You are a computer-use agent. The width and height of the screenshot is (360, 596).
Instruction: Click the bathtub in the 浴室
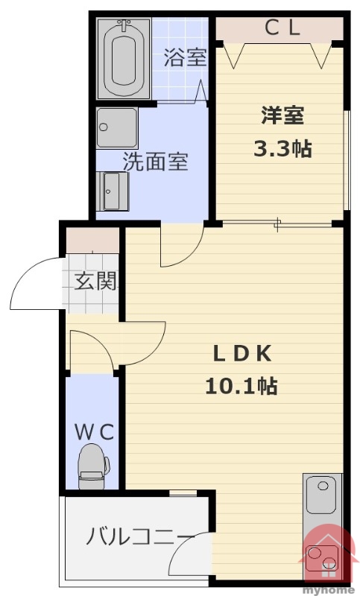[124, 58]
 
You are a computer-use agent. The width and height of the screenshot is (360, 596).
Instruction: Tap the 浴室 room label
[185, 57]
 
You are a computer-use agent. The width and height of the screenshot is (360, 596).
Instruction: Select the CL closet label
[282, 28]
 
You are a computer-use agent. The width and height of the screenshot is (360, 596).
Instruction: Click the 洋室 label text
[282, 115]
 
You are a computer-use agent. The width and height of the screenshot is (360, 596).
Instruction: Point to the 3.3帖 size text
[282, 148]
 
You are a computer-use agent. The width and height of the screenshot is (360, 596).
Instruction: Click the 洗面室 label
[155, 162]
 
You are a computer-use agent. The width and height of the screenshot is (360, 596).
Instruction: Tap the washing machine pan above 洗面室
[117, 128]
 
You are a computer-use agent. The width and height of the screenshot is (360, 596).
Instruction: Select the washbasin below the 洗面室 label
[113, 191]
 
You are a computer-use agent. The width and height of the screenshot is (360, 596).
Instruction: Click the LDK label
[242, 354]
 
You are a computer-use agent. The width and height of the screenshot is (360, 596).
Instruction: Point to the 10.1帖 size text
[241, 386]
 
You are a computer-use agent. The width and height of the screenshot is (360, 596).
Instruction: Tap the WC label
[94, 432]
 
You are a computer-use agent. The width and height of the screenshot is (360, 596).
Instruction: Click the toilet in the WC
[92, 466]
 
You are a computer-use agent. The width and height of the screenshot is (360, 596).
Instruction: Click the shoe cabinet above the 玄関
[92, 240]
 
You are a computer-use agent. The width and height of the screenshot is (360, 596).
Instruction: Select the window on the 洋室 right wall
[347, 160]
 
